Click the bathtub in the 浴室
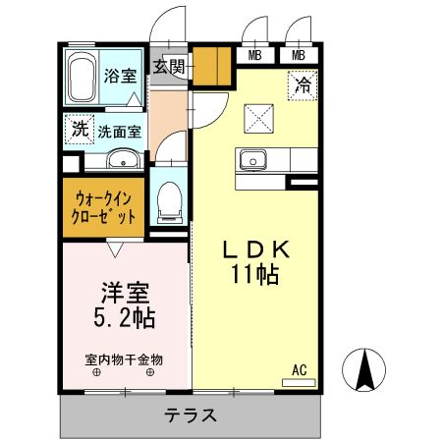(82, 76)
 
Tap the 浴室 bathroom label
(121, 76)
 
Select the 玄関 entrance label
(169, 67)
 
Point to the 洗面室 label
(119, 130)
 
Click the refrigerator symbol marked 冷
(304, 84)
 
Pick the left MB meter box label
(255, 55)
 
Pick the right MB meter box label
(298, 55)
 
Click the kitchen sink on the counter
(251, 159)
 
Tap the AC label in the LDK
(300, 369)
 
